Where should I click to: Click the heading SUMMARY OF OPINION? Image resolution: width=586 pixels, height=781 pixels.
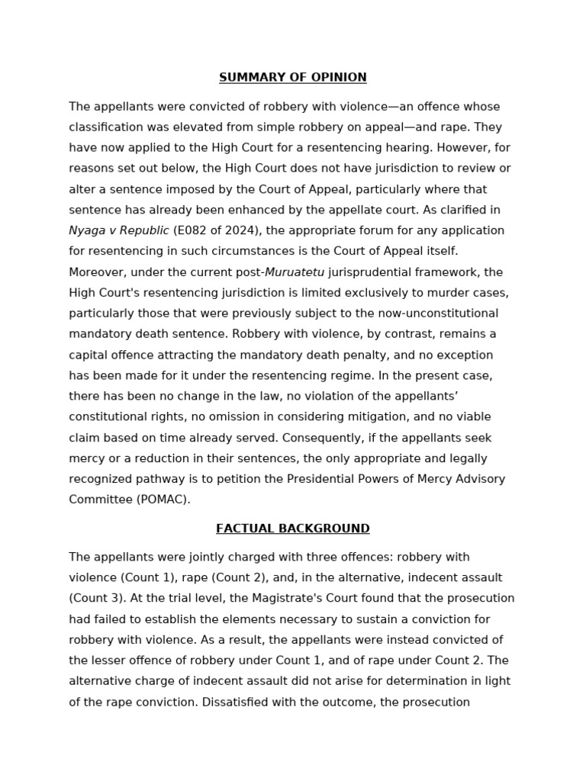(x=292, y=78)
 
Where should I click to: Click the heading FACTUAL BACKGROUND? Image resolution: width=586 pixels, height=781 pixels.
(x=292, y=529)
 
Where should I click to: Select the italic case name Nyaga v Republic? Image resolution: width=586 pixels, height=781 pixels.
(x=119, y=230)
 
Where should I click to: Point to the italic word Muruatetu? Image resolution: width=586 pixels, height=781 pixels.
(x=295, y=272)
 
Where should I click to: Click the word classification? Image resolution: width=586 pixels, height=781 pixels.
(x=105, y=127)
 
